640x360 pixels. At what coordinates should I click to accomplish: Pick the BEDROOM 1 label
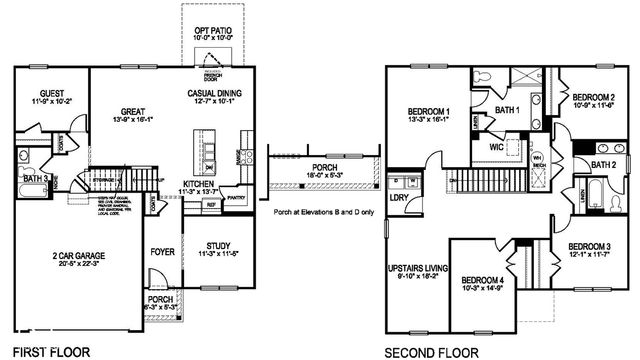point(428,110)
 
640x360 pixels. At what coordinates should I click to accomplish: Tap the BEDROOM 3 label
point(589,247)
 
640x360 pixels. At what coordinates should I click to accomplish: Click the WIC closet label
point(497,147)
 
